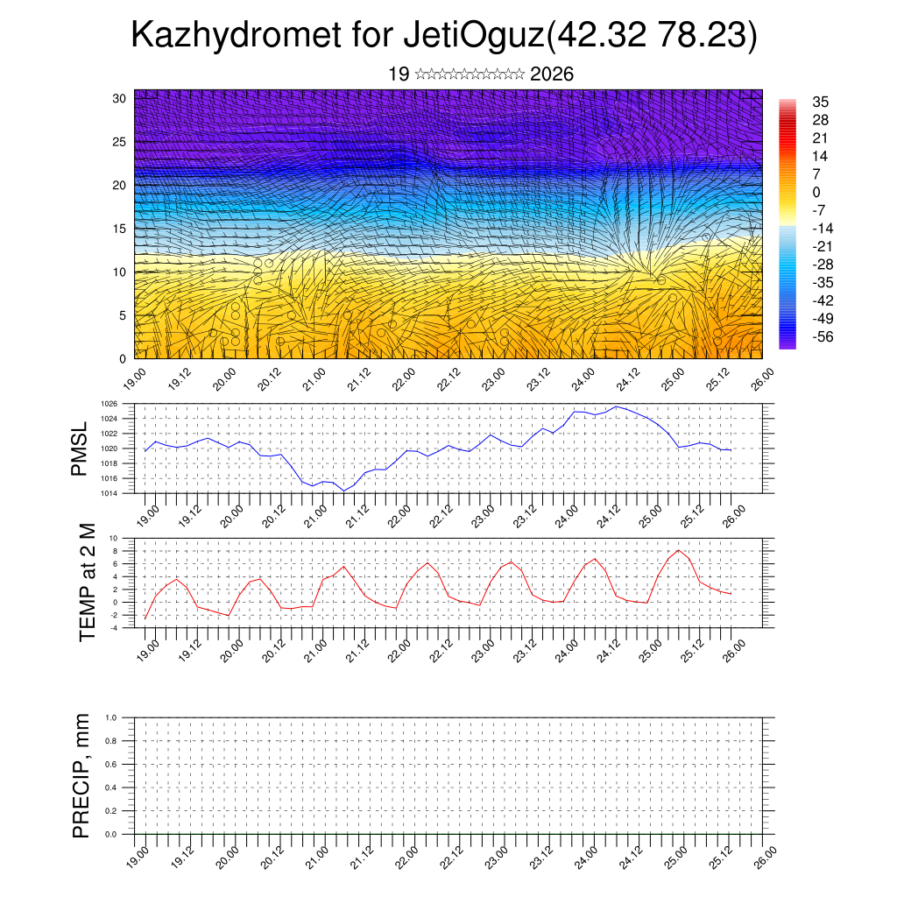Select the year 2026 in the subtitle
click(x=552, y=74)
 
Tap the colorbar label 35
click(x=821, y=102)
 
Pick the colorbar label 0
click(x=816, y=193)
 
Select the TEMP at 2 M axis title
click(x=87, y=583)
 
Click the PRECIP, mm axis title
click(x=81, y=774)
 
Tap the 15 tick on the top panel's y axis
click(x=119, y=229)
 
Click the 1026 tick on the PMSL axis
click(x=109, y=404)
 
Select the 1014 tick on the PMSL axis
click(x=109, y=493)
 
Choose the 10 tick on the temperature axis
click(x=113, y=538)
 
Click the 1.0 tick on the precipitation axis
click(x=110, y=717)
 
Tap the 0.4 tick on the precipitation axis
click(x=110, y=788)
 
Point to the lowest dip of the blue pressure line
click(x=344, y=491)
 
